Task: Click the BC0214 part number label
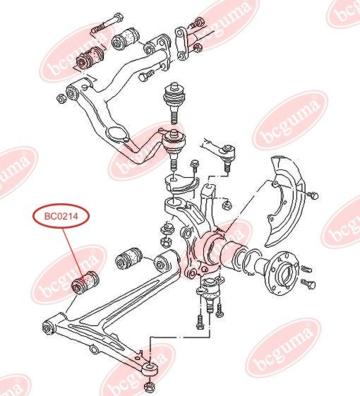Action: click(x=61, y=215)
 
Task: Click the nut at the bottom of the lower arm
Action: click(x=148, y=387)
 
